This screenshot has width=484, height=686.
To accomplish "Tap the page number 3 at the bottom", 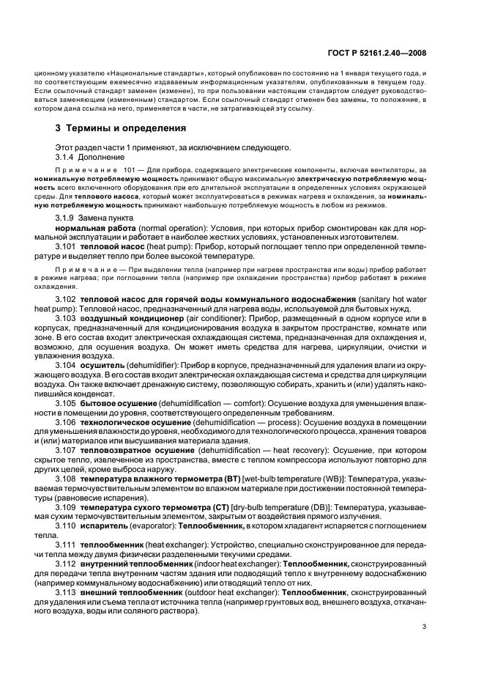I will [424, 627].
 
